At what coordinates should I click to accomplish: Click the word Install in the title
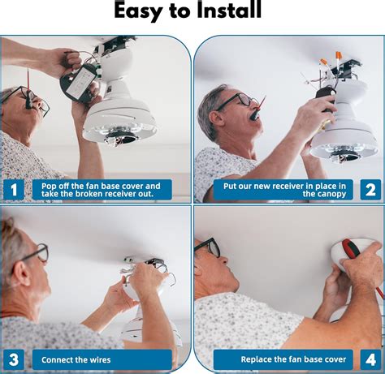pos(229,11)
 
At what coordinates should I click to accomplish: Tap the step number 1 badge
pos(14,190)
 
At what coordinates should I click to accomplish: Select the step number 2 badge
pos(370,190)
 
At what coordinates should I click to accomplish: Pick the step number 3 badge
pos(14,359)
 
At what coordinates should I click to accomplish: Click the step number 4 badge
pos(370,359)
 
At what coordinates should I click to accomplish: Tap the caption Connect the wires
pos(76,359)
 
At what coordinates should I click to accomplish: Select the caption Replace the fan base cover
pos(293,359)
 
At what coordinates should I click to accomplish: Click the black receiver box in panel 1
pos(79,84)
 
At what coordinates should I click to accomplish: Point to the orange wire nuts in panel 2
pos(331,59)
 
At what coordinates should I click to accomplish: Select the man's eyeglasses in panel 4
pos(208,247)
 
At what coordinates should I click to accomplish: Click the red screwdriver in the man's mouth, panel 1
pos(28,88)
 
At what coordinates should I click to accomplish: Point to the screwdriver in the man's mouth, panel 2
pos(259,108)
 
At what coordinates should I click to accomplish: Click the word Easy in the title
pos(138,11)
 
